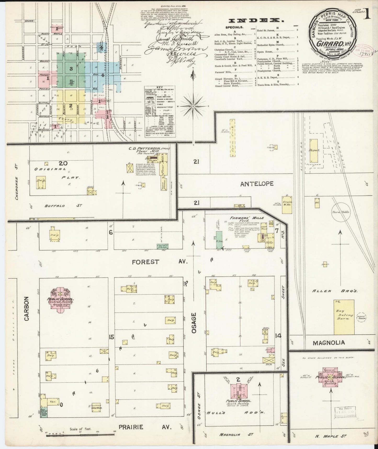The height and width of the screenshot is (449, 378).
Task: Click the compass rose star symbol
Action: [193, 106]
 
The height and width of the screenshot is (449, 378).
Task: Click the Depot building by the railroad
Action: [314, 151]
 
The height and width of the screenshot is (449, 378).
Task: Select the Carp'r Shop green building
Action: [162, 246]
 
